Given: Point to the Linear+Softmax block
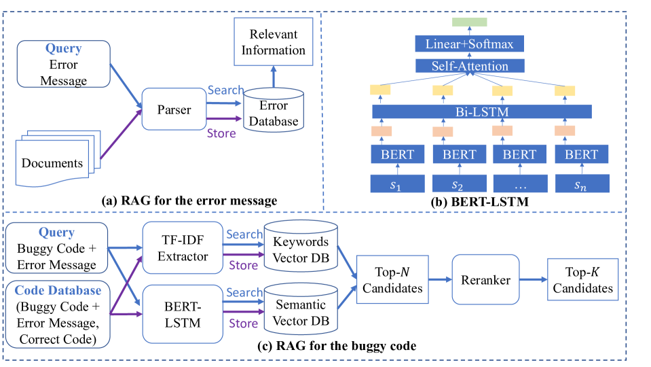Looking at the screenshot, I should (469, 44).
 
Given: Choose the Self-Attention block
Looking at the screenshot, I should (469, 66).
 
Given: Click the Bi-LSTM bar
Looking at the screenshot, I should (482, 111).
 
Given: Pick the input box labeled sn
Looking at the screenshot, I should (582, 183).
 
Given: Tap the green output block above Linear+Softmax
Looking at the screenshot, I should (469, 22).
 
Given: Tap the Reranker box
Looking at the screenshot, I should (486, 281).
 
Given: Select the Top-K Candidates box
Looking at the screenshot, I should (582, 281).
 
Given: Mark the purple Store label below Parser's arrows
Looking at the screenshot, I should (222, 133).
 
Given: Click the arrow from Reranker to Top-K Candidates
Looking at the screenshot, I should (533, 281).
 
